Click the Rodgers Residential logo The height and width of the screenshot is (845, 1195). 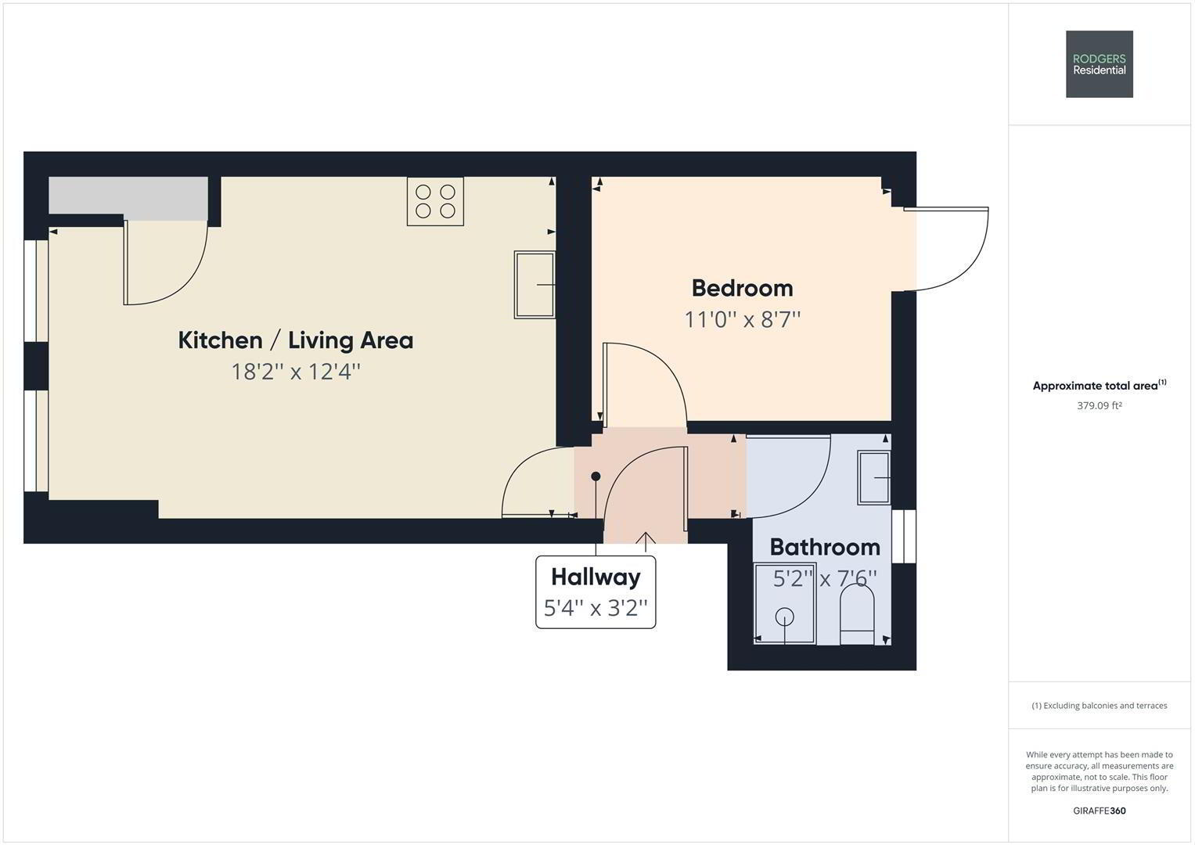pyautogui.click(x=1099, y=64)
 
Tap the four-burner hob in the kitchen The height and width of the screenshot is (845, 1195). pyautogui.click(x=435, y=201)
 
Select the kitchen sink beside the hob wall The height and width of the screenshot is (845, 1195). pyautogui.click(x=535, y=285)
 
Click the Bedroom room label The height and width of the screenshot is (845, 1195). pyautogui.click(x=742, y=288)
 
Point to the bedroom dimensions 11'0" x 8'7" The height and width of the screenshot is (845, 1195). pyautogui.click(x=742, y=319)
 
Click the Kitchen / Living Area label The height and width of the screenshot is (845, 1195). pyautogui.click(x=296, y=340)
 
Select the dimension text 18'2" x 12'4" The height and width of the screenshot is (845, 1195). pyautogui.click(x=296, y=372)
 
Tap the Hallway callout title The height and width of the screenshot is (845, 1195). pyautogui.click(x=596, y=577)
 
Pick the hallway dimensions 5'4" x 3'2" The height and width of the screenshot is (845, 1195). pyautogui.click(x=596, y=608)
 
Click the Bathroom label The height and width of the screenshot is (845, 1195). pyautogui.click(x=825, y=548)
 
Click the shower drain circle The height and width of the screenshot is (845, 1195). pyautogui.click(x=784, y=617)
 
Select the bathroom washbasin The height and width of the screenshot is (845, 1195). pyautogui.click(x=874, y=478)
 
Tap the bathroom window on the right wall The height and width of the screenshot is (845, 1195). pyautogui.click(x=904, y=536)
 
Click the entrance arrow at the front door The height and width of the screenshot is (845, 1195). pyautogui.click(x=646, y=541)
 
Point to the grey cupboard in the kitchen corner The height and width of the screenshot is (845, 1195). pyautogui.click(x=128, y=199)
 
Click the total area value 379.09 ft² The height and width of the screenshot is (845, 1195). pyautogui.click(x=1099, y=405)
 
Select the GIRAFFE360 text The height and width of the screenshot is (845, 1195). pyautogui.click(x=1099, y=811)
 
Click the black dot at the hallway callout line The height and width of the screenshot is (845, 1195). pyautogui.click(x=596, y=476)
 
